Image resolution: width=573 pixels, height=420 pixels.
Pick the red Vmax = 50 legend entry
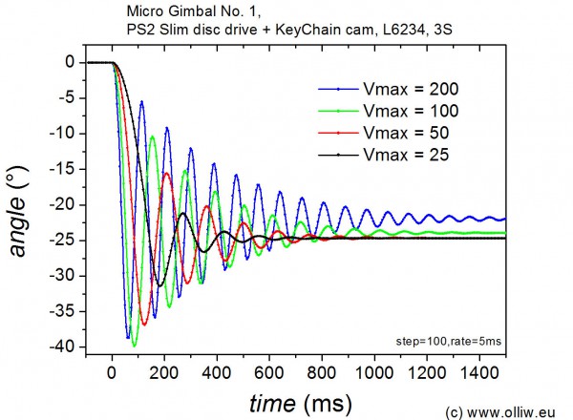[393, 132]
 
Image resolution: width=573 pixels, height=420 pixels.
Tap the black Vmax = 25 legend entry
[393, 153]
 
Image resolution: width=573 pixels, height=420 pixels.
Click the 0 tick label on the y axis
[70, 62]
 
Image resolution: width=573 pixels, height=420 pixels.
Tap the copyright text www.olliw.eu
[507, 411]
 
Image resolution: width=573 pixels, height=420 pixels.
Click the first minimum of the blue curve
[127, 338]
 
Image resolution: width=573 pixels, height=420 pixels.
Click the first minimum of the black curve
[160, 285]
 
